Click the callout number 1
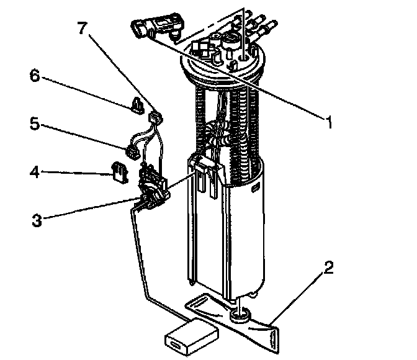click(330, 122)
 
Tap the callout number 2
click(330, 268)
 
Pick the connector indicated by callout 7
click(156, 116)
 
